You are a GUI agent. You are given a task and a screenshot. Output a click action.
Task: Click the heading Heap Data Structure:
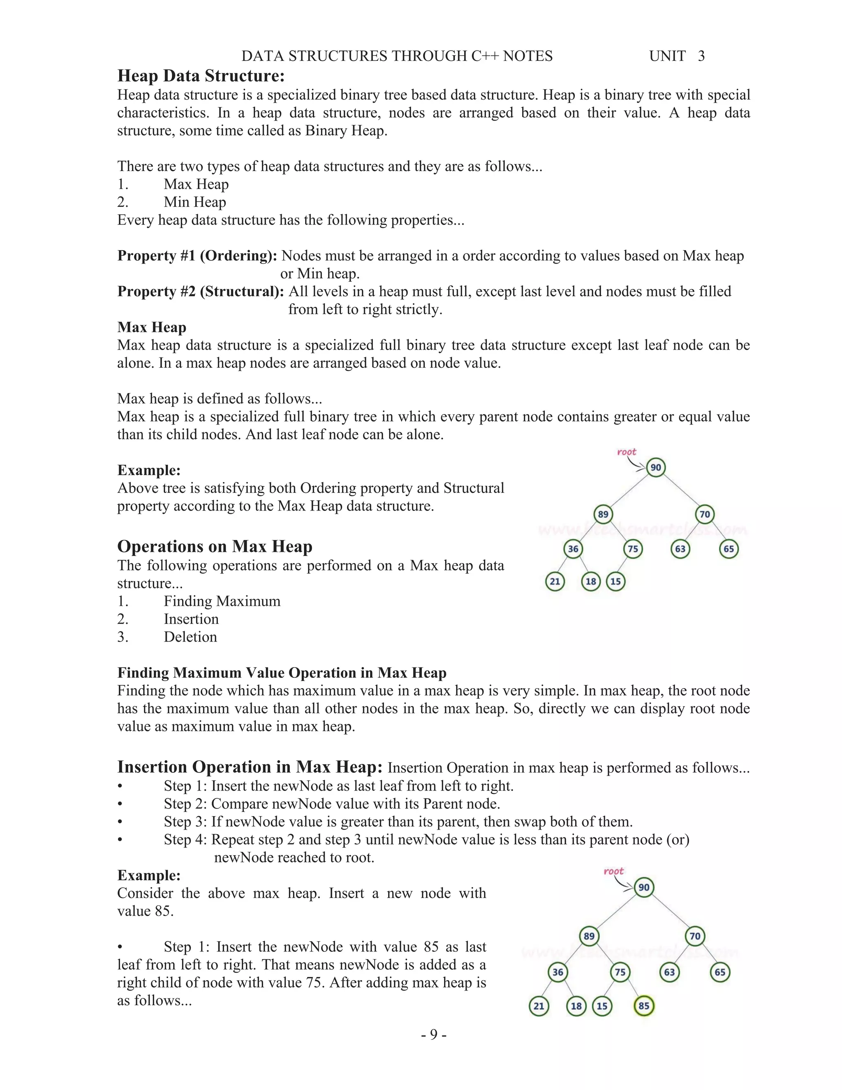coord(201,76)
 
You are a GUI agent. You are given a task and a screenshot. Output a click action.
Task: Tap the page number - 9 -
coord(433,1034)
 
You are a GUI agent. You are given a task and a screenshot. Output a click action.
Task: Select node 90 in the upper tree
coord(655,468)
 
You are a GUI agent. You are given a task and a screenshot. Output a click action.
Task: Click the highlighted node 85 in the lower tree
coord(643,1006)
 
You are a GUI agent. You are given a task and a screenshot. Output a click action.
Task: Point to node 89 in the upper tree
coord(603,515)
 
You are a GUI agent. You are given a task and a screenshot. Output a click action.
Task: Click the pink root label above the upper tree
coord(627,452)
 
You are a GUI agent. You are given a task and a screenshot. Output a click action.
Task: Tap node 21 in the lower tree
coord(539,1006)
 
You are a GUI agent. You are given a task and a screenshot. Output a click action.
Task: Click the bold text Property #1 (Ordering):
coord(197,255)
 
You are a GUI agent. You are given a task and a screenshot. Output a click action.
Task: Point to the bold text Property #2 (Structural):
coord(201,292)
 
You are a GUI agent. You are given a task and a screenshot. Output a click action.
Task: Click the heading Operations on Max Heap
coord(215,547)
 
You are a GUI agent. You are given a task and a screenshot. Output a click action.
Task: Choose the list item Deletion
coord(190,637)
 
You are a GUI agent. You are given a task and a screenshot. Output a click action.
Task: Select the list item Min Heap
coord(194,202)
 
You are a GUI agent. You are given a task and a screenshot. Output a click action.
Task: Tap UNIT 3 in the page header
coord(676,56)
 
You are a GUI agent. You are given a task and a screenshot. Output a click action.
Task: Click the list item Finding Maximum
coord(222,601)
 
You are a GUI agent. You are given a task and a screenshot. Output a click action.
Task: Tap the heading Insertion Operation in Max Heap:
coord(250,767)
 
